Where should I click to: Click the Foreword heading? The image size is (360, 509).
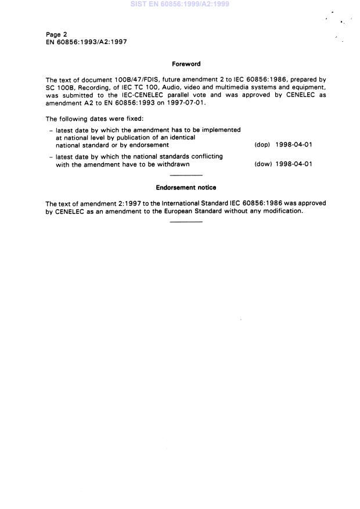point(186,64)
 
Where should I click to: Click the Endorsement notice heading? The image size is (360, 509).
point(186,188)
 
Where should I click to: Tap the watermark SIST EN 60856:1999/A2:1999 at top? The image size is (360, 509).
point(180,4)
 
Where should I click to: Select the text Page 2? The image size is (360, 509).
point(56,34)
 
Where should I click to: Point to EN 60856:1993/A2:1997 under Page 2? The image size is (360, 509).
point(86,42)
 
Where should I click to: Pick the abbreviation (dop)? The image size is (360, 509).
point(262,145)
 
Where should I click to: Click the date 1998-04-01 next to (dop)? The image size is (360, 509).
point(294,145)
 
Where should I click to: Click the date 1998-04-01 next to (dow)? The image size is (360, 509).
point(294,164)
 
